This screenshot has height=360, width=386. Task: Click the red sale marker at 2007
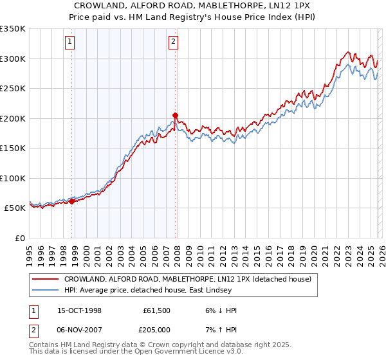(175, 116)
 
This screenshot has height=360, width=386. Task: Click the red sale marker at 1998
(72, 201)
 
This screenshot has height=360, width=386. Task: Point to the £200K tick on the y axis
(13, 118)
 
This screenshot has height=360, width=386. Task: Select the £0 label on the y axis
(19, 238)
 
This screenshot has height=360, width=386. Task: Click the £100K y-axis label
(13, 178)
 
